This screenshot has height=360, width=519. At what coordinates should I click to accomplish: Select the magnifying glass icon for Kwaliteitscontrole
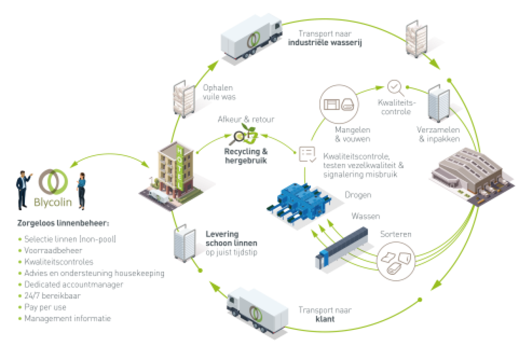395,88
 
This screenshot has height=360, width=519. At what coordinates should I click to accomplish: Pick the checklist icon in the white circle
307,154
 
